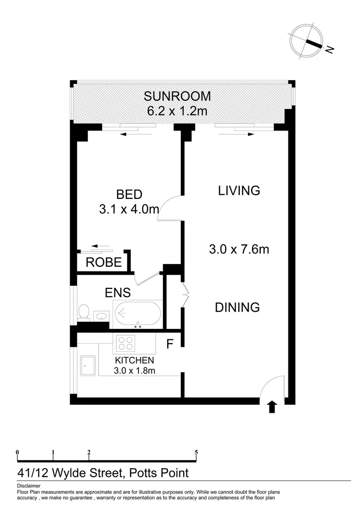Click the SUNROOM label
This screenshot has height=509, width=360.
[177, 97]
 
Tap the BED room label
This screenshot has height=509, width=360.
[129, 194]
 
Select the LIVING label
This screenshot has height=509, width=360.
[239, 190]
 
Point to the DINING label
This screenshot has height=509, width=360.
[237, 307]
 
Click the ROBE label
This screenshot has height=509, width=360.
[104, 263]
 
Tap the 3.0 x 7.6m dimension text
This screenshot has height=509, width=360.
[239, 249]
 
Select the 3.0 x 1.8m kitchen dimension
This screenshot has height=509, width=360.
[134, 370]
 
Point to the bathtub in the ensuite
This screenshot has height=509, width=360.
[137, 313]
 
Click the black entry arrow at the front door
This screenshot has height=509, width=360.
[272, 407]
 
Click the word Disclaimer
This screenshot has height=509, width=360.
[29, 485]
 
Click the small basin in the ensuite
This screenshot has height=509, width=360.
[101, 315]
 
